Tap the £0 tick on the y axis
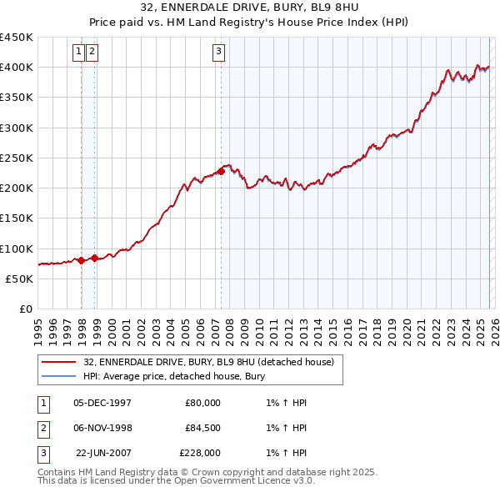click(25, 309)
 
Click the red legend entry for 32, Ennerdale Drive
click(208, 362)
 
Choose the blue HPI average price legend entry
click(173, 376)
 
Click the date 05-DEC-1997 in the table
click(102, 403)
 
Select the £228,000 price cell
click(200, 453)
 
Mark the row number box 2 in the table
click(42, 428)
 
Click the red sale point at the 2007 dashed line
click(221, 171)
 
